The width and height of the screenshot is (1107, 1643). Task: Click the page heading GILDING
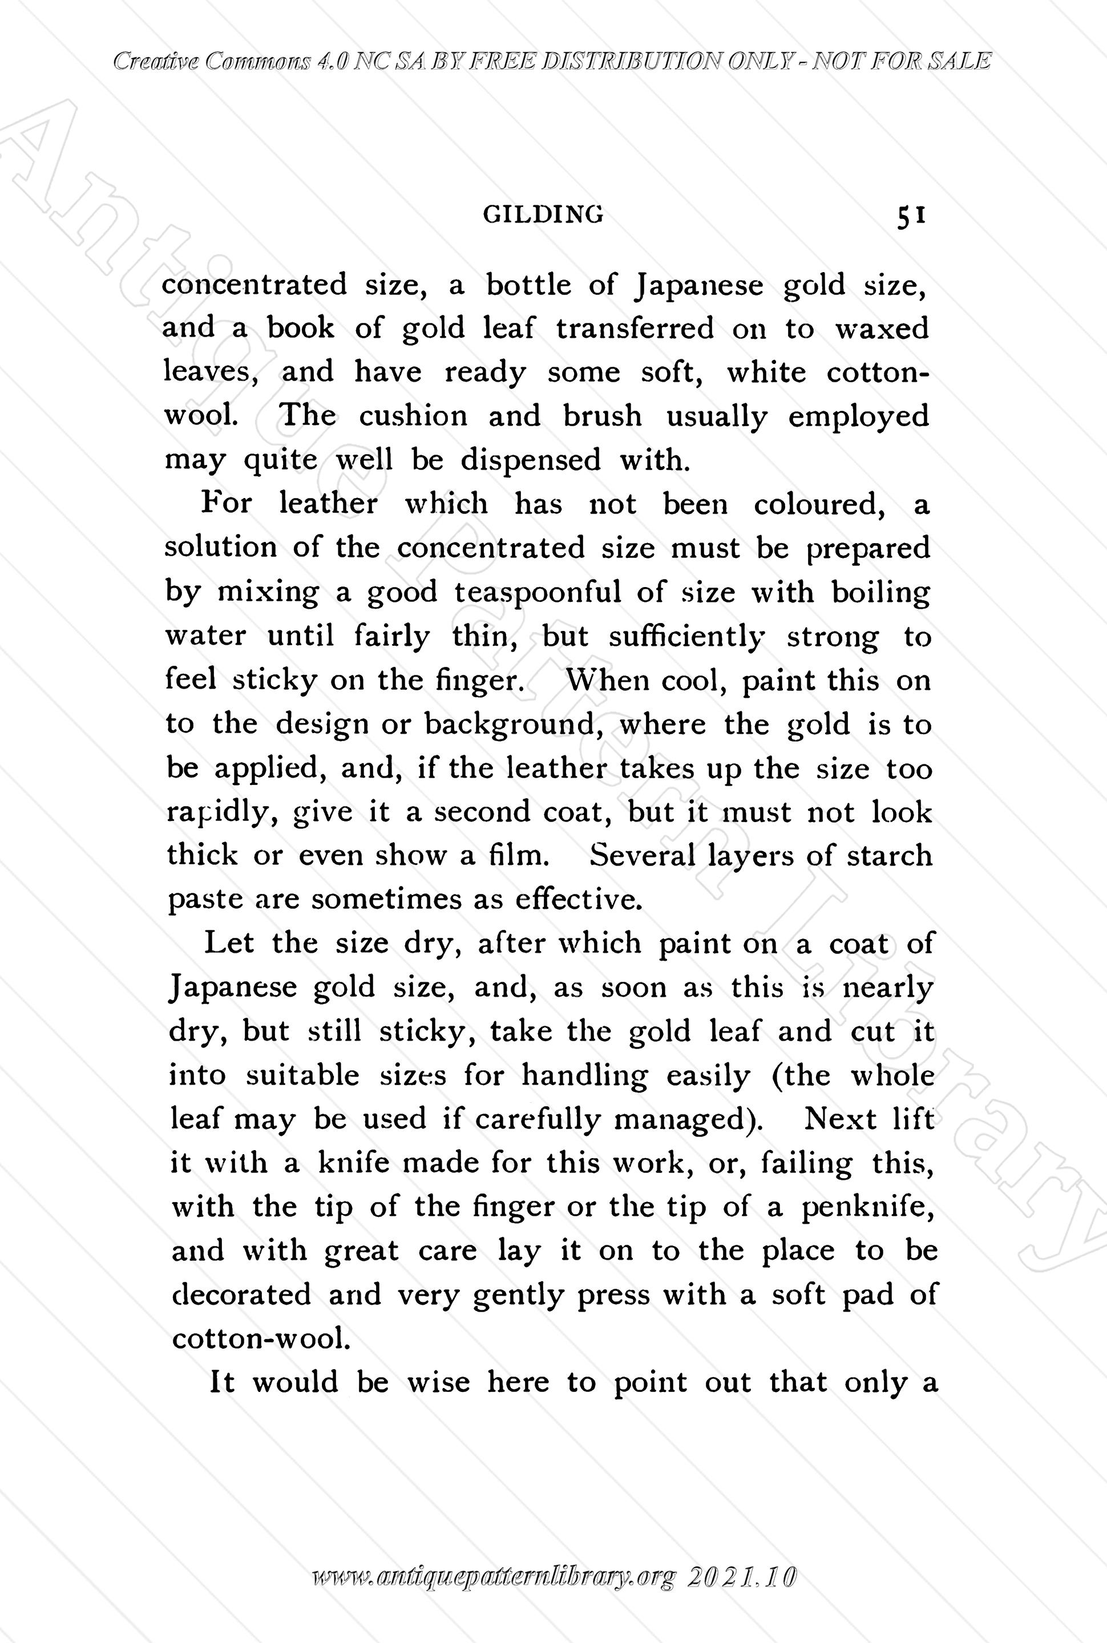(543, 214)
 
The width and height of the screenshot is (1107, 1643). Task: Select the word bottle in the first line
(528, 285)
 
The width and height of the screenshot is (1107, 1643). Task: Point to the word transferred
(635, 328)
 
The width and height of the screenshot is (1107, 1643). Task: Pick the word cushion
(413, 416)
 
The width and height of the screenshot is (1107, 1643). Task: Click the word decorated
(241, 1294)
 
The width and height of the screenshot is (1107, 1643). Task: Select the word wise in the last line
(438, 1382)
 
